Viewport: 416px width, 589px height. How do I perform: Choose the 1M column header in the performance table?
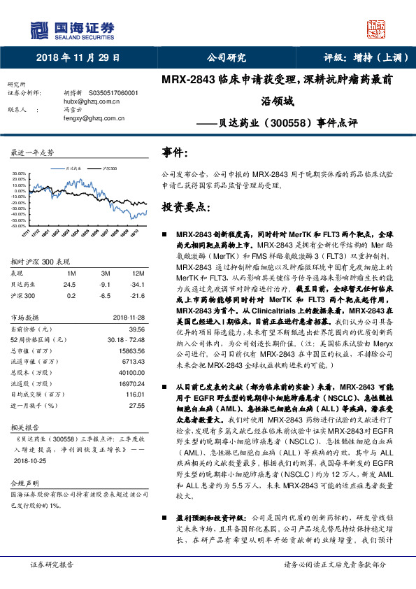click(71, 272)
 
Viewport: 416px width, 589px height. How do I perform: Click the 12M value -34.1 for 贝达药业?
click(140, 285)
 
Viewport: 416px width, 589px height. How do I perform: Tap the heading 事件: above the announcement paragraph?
click(175, 152)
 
